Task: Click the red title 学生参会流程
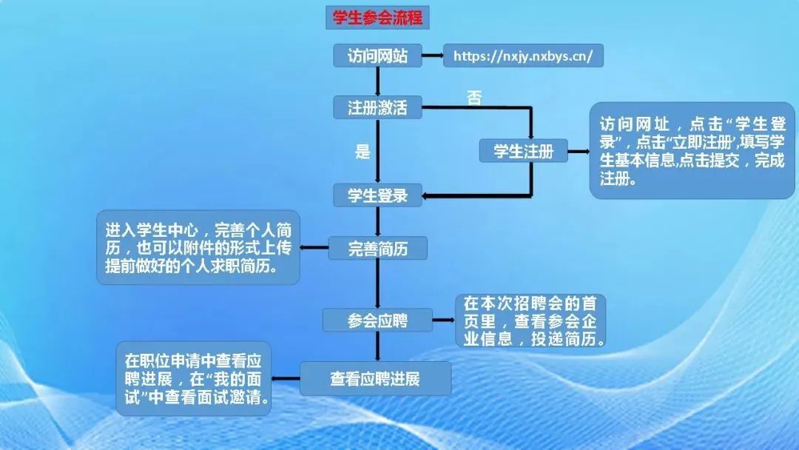pyautogui.click(x=377, y=17)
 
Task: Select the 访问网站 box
pyautogui.click(x=377, y=56)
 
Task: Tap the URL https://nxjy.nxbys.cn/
pyautogui.click(x=523, y=56)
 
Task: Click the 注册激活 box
pyautogui.click(x=377, y=107)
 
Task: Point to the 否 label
pyautogui.click(x=474, y=98)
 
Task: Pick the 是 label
pyautogui.click(x=363, y=152)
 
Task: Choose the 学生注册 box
pyautogui.click(x=523, y=151)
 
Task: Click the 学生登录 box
pyautogui.click(x=377, y=195)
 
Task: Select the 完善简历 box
pyautogui.click(x=377, y=249)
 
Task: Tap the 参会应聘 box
pyautogui.click(x=377, y=320)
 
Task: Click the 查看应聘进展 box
pyautogui.click(x=376, y=379)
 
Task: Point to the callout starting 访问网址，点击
pyautogui.click(x=692, y=151)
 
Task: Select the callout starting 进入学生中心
pyautogui.click(x=198, y=247)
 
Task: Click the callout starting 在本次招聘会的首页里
pyautogui.click(x=530, y=320)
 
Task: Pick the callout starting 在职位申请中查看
pyautogui.click(x=194, y=379)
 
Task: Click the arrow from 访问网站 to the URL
pyautogui.click(x=433, y=56)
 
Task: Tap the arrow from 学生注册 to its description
pyautogui.click(x=579, y=152)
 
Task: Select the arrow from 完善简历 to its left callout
pyautogui.click(x=314, y=248)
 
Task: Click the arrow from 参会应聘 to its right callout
pyautogui.click(x=444, y=320)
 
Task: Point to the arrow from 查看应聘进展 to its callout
pyautogui.click(x=286, y=379)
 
